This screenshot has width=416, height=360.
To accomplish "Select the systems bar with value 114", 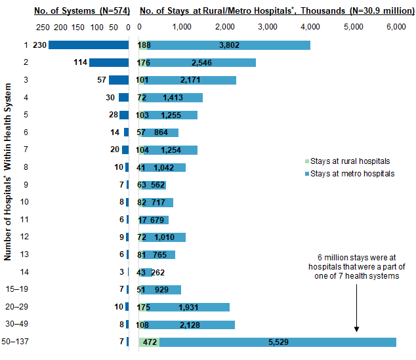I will (x=109, y=62).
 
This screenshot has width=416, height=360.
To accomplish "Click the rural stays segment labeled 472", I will (x=149, y=342).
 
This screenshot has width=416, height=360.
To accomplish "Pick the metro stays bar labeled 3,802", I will (x=226, y=45).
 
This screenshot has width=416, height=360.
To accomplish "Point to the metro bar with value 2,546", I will (x=199, y=62).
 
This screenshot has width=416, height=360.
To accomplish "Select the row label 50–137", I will (x=18, y=342).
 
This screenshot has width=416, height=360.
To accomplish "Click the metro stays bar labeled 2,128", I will (x=190, y=325).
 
